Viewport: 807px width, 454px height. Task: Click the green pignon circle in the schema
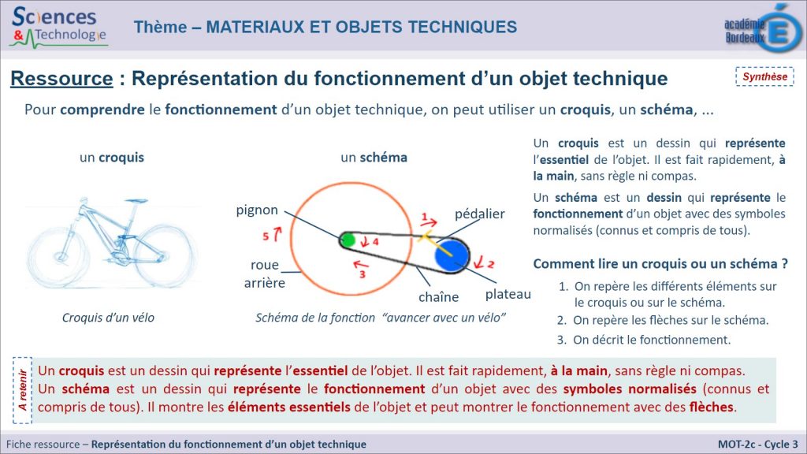pyautogui.click(x=348, y=240)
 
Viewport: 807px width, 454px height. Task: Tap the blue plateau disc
pyautogui.click(x=452, y=255)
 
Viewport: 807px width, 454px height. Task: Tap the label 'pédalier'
pyautogui.click(x=480, y=214)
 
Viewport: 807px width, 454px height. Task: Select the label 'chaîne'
pyautogui.click(x=438, y=297)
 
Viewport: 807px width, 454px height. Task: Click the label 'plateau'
pyautogui.click(x=508, y=294)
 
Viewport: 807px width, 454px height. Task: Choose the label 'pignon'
pyautogui.click(x=257, y=210)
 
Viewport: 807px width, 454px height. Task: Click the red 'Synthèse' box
pyautogui.click(x=764, y=76)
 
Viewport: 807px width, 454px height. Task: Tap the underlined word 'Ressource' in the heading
pyautogui.click(x=61, y=78)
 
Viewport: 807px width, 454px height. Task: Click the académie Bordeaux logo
pyautogui.click(x=763, y=28)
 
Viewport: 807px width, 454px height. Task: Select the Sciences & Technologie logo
pyautogui.click(x=58, y=27)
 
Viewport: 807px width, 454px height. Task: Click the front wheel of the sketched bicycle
pyautogui.click(x=164, y=256)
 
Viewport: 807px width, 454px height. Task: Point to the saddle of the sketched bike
pyautogui.click(x=136, y=201)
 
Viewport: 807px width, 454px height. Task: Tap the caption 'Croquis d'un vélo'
pyautogui.click(x=108, y=318)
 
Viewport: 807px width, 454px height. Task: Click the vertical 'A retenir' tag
pyautogui.click(x=22, y=390)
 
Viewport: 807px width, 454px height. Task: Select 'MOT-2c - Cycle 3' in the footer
pyautogui.click(x=757, y=445)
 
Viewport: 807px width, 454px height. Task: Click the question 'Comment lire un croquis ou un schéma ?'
pyautogui.click(x=660, y=264)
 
